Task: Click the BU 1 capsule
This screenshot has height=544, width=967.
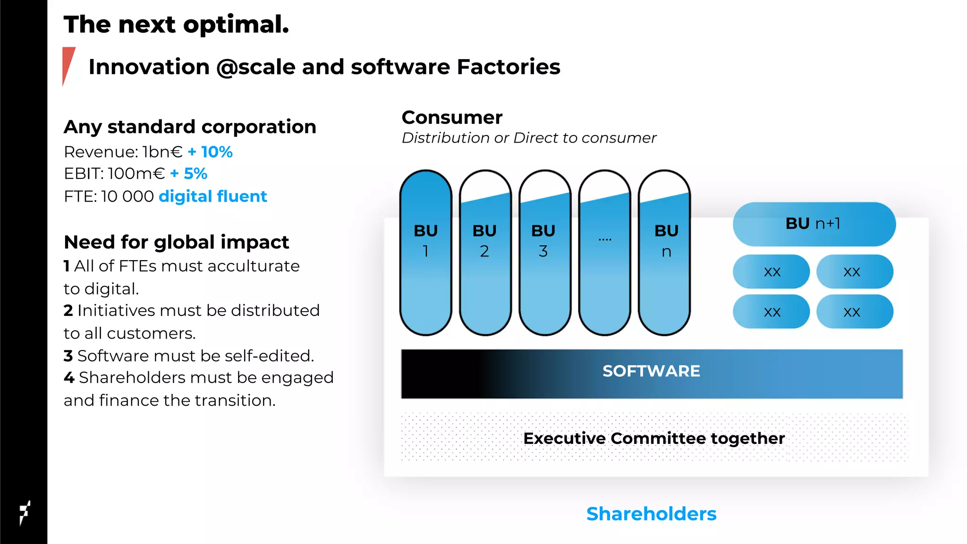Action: pos(426,253)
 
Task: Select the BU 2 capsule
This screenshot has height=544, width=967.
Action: pos(485,253)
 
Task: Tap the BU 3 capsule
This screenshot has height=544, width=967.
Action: pos(544,253)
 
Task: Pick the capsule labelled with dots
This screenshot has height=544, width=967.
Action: pos(604,253)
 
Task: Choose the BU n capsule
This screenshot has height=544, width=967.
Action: pos(664,253)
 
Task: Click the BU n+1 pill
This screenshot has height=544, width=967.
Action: pos(814,224)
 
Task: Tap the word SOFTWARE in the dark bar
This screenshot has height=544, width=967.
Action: pos(651,371)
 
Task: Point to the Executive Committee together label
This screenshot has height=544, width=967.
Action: pos(654,438)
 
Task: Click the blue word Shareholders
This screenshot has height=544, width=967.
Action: pos(651,514)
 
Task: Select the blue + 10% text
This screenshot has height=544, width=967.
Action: pos(210,152)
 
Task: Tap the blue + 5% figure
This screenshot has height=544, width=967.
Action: pos(189,174)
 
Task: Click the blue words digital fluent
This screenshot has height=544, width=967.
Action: pos(213,196)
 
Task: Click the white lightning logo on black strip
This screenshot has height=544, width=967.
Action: pos(25,512)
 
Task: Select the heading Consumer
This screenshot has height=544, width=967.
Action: pos(452,118)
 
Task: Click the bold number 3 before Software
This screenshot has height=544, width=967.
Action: pos(68,356)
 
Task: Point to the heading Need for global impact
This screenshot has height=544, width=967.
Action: pos(176,242)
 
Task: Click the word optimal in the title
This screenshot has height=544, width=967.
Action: pos(236,25)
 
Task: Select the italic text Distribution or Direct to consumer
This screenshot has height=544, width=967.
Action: pos(529,138)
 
